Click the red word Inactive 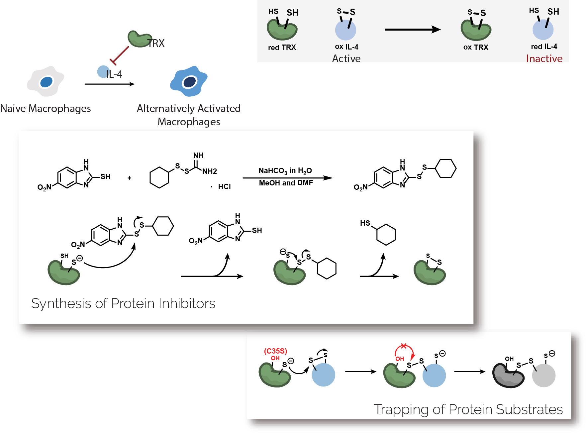click(544, 58)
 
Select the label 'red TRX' click(282, 48)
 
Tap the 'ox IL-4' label click(346, 47)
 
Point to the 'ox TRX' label click(476, 47)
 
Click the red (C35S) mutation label click(275, 351)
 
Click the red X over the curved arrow click(403, 346)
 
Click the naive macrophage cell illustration click(46, 81)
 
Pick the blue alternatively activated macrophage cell click(189, 81)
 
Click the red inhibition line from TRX click(120, 55)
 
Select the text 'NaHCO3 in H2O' click(285, 171)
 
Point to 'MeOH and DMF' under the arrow click(286, 183)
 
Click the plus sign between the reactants click(129, 178)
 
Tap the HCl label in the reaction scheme click(224, 187)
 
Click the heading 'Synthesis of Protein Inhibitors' click(123, 303)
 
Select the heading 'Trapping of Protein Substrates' click(468, 409)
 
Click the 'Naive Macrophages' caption click(46, 108)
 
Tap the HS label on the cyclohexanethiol click(365, 223)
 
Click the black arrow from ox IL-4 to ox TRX click(412, 30)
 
